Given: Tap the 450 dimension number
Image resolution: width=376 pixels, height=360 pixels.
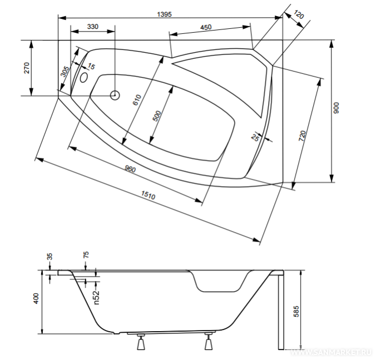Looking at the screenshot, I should pyautogui.click(x=205, y=27).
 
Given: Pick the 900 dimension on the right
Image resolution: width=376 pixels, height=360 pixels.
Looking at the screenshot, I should pyautogui.click(x=335, y=108).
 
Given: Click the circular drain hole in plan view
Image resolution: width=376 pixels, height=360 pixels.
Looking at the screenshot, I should pyautogui.click(x=115, y=95).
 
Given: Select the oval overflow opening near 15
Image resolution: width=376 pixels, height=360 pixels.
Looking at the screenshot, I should pyautogui.click(x=85, y=77).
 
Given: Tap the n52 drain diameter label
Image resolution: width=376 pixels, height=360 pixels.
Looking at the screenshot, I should pyautogui.click(x=96, y=297).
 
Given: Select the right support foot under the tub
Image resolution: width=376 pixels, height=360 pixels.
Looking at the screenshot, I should pyautogui.click(x=209, y=343).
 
